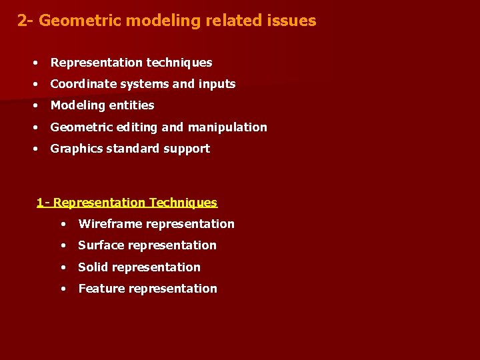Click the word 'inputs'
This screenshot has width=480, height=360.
(217, 84)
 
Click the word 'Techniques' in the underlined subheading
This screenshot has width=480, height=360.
(183, 203)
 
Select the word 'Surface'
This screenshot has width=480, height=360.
(101, 245)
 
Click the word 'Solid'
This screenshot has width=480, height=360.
(93, 267)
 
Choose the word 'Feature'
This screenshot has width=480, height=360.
(101, 289)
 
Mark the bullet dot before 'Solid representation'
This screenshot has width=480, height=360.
(63, 267)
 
